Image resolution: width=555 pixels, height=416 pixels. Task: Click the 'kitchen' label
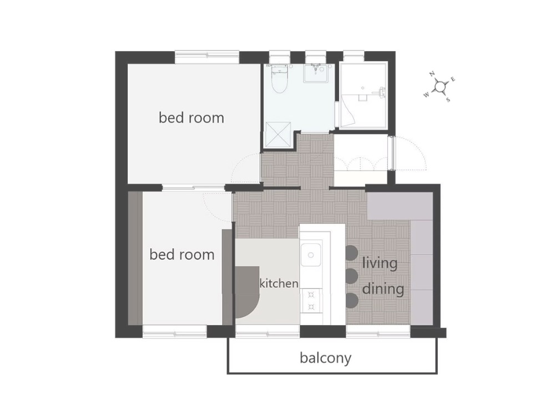[279, 283]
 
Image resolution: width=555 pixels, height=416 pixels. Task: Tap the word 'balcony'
[325, 358]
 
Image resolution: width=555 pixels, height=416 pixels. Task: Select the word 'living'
[380, 263]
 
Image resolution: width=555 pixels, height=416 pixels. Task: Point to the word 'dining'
[384, 288]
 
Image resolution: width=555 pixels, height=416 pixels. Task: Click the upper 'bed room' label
[191, 118]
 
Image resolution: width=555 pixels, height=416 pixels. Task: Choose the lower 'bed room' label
[182, 255]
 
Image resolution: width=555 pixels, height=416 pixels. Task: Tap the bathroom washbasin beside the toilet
[317, 73]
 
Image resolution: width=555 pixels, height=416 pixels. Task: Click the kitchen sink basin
[311, 255]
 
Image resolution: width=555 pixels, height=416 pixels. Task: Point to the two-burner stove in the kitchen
[311, 301]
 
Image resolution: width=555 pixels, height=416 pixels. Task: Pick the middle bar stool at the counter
[351, 276]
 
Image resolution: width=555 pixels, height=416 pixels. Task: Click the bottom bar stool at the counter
[351, 300]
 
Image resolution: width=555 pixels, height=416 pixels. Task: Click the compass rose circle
[440, 87]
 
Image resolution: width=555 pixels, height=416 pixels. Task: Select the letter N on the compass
[432, 74]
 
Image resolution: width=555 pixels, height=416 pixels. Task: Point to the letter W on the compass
[426, 95]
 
